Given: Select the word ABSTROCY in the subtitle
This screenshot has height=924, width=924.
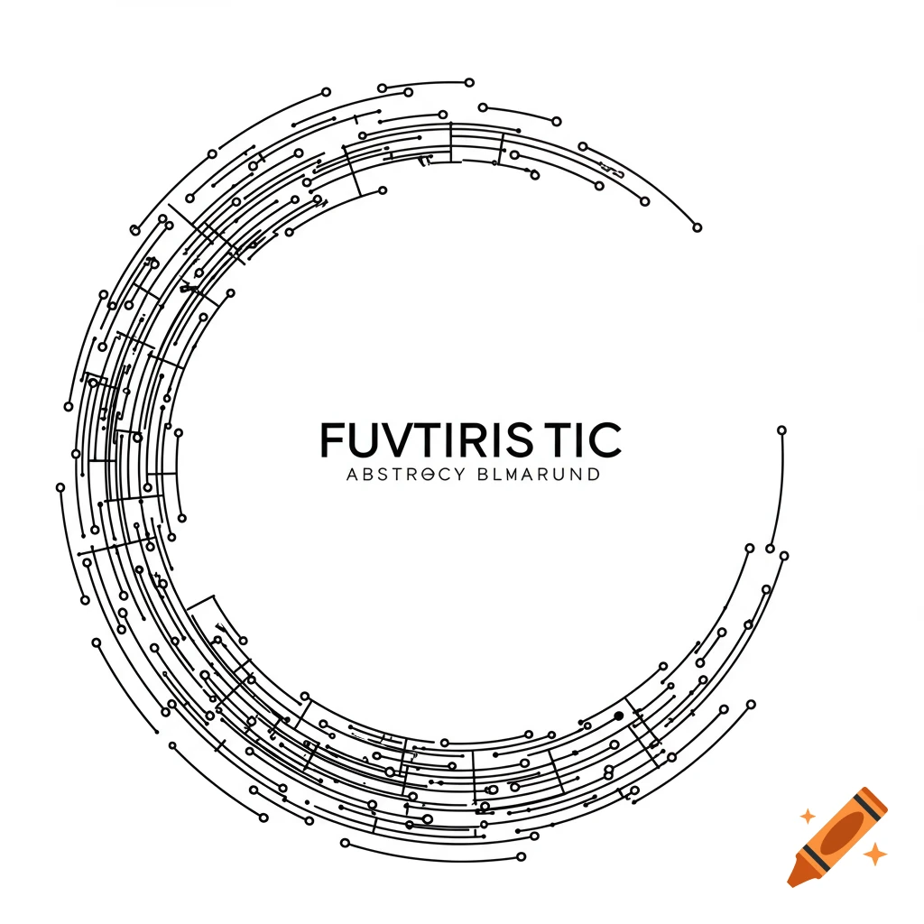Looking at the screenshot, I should tap(403, 475).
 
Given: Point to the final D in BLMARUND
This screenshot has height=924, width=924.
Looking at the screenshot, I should tap(592, 475).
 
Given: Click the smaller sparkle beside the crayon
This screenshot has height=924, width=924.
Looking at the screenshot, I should tap(808, 816).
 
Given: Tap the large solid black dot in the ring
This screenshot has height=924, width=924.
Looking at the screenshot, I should tap(619, 716).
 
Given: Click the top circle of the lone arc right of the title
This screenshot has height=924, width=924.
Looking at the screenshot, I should tap(781, 430).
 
